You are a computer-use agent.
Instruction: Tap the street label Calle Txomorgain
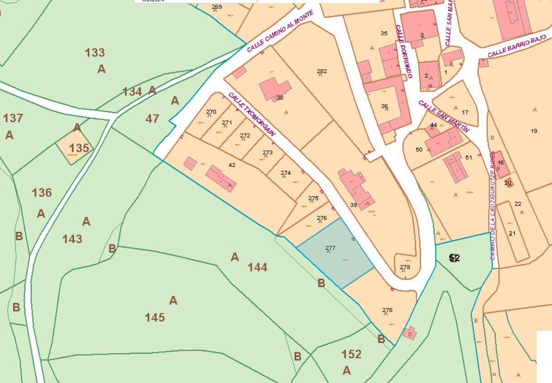(x=252, y=114)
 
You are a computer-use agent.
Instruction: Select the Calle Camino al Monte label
(x=280, y=31)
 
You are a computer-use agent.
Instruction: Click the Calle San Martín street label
(x=443, y=116)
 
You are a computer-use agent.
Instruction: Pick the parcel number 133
(x=95, y=53)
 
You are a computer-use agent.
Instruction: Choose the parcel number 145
(x=155, y=318)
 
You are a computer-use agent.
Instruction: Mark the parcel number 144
(x=257, y=267)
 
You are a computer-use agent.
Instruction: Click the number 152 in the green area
(x=351, y=355)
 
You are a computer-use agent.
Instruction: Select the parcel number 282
(x=322, y=71)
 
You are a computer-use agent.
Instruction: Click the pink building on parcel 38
(x=275, y=89)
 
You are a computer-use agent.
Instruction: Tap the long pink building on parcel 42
(x=221, y=178)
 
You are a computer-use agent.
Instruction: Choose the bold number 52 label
(x=454, y=258)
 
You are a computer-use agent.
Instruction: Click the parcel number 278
(x=387, y=310)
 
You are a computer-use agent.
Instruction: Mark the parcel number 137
(x=13, y=118)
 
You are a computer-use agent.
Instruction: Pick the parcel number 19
(x=534, y=131)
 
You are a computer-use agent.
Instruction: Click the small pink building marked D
(x=410, y=334)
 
